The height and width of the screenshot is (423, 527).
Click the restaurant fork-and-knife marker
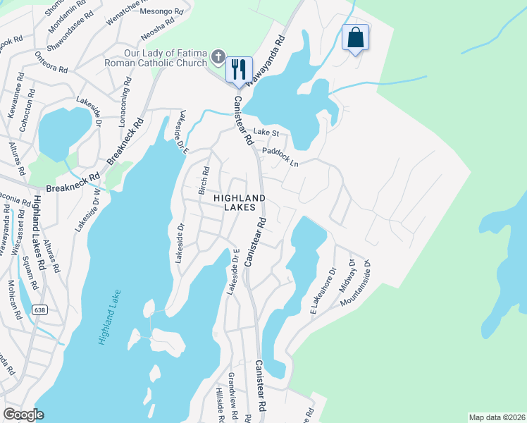point(238,69)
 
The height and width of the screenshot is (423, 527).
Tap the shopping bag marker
point(355,37)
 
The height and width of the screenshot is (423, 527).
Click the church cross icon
point(218,56)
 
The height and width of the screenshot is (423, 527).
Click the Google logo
point(23,414)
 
